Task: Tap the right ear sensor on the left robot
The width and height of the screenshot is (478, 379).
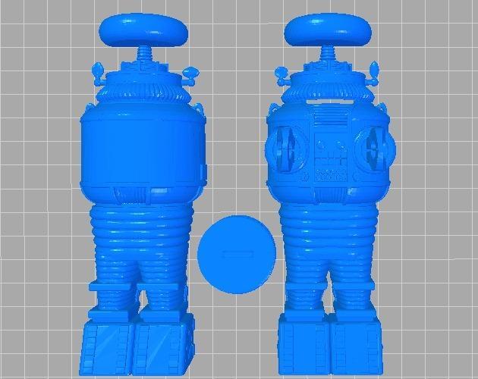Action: [x=189, y=74]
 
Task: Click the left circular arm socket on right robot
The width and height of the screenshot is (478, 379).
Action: [x=284, y=149]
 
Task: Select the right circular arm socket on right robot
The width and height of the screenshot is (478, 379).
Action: [x=375, y=149]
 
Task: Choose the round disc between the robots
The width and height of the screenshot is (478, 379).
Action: [x=234, y=254]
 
